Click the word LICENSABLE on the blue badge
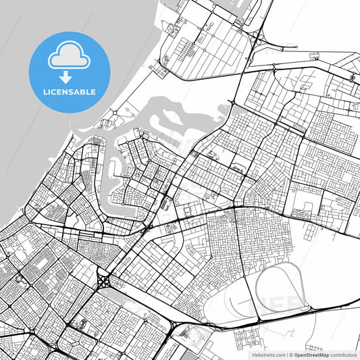[x=70, y=92]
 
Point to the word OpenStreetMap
[x=311, y=354]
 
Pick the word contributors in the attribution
[x=343, y=354]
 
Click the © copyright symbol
[x=290, y=354]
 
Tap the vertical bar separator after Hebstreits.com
[x=286, y=354]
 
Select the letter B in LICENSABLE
[x=82, y=92]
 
